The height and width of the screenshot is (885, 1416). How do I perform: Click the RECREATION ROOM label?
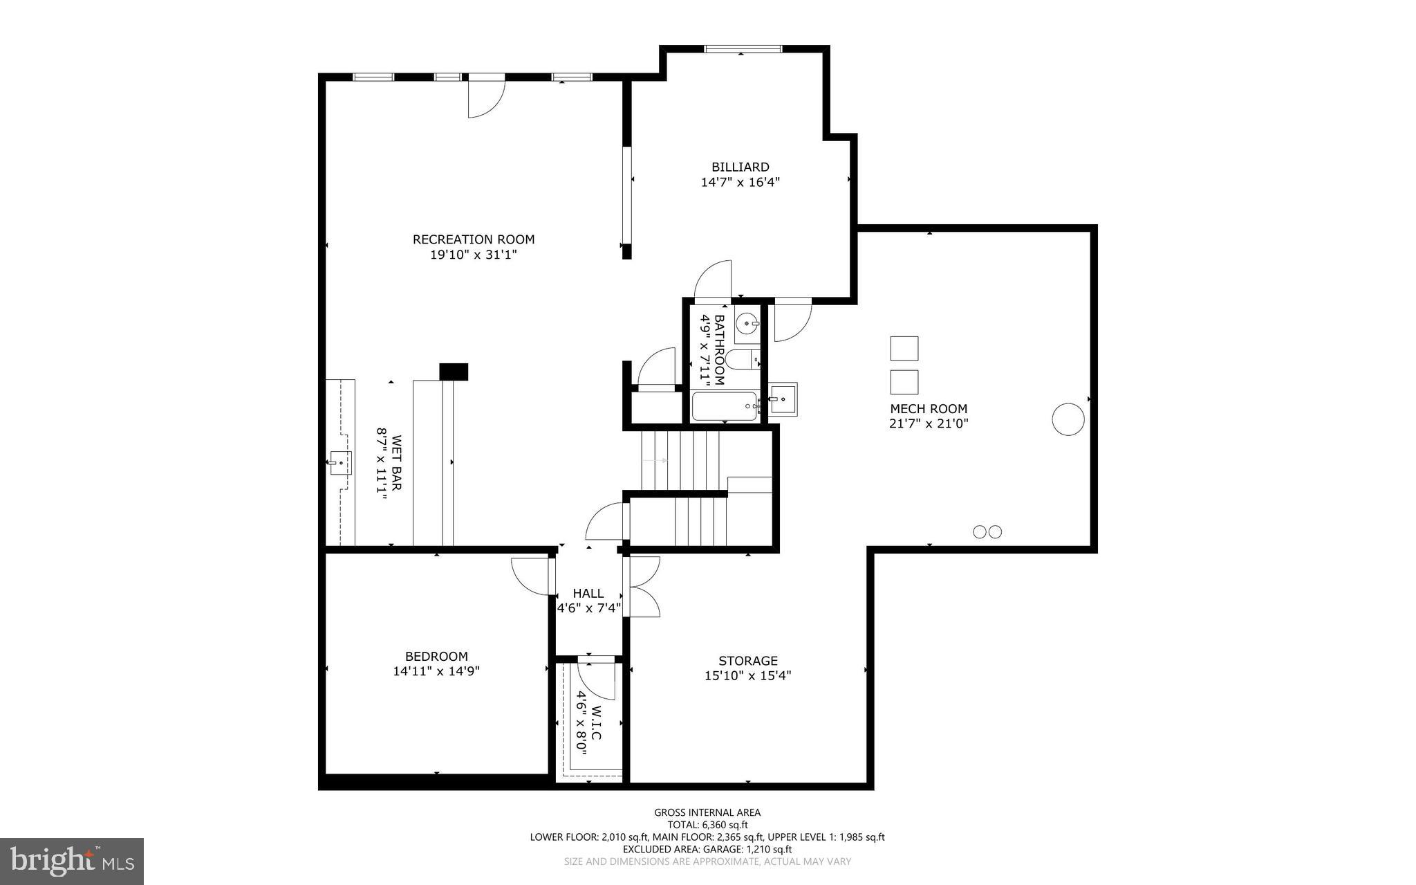(x=474, y=239)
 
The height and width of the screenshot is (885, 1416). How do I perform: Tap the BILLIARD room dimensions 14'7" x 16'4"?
(x=740, y=182)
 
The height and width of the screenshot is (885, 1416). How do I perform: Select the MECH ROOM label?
(x=929, y=409)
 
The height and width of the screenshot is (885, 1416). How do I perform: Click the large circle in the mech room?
(x=1068, y=419)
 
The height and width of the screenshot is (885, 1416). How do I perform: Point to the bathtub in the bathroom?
(x=724, y=407)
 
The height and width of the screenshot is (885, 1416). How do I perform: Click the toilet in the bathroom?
(x=745, y=359)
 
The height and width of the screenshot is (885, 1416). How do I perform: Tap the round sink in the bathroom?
(x=747, y=323)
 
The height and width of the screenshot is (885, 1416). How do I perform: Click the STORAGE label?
(x=747, y=661)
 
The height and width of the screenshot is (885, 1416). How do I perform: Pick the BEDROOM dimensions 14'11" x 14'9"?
(x=436, y=670)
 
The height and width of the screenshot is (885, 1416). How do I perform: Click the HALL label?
(x=588, y=593)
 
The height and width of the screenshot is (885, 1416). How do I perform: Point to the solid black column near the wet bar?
(x=454, y=372)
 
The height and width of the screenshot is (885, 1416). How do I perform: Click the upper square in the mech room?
(x=904, y=348)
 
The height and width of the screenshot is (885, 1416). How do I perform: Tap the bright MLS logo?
(x=72, y=861)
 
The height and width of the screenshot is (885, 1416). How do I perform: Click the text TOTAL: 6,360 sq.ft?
(x=707, y=825)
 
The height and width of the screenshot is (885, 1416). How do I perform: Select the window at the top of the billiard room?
(x=743, y=48)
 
